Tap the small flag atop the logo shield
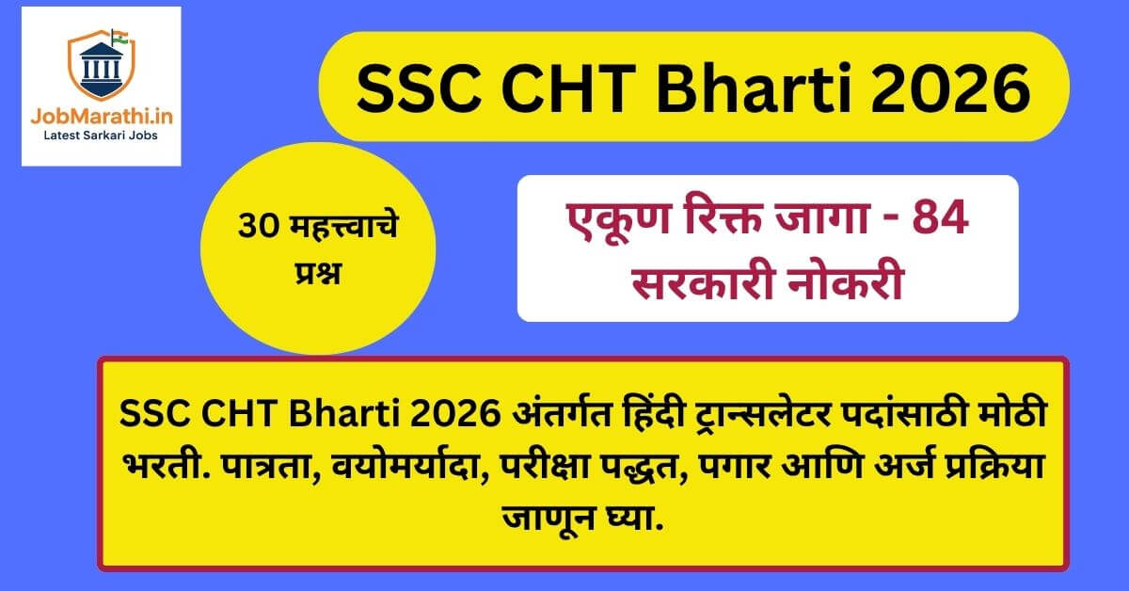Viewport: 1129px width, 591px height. [117, 37]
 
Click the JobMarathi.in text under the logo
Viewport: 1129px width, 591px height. [101, 119]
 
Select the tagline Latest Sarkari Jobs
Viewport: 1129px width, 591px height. [101, 137]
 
